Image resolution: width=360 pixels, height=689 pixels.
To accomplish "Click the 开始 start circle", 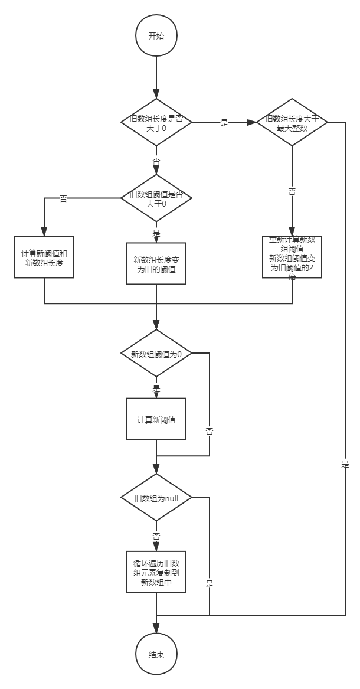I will (x=156, y=35).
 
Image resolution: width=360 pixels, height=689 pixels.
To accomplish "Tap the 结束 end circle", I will (x=156, y=655).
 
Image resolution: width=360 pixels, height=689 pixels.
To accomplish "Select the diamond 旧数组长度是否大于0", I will (x=156, y=122).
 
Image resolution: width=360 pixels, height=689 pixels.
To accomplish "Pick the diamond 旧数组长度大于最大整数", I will (x=292, y=123).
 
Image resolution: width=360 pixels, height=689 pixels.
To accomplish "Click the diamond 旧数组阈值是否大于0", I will (x=156, y=198).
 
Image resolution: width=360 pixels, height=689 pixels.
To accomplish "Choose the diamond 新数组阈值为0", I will (x=156, y=354).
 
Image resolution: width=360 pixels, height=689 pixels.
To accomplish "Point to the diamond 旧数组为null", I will (x=156, y=498).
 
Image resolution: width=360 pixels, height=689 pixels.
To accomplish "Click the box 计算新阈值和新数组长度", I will (x=45, y=257).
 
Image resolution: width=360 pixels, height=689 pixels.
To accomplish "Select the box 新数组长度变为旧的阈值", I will (x=156, y=263).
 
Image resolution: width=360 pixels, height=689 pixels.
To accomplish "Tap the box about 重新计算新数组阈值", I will (x=292, y=257).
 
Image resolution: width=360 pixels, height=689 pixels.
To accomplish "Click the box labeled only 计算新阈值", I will (x=156, y=419).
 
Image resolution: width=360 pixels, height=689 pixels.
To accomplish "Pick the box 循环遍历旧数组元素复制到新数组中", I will (x=156, y=572).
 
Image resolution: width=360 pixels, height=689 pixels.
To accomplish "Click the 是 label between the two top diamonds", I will (x=224, y=123).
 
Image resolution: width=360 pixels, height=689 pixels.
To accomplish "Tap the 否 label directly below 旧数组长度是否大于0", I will (x=156, y=160).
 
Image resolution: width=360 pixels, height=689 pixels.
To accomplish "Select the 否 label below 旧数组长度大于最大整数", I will (x=292, y=191).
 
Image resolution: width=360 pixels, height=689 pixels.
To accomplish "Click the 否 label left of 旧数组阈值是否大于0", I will (x=63, y=198).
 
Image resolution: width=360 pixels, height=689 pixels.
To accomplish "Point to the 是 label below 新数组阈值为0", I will (x=156, y=388).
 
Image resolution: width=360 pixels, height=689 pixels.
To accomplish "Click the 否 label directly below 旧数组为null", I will (x=156, y=537).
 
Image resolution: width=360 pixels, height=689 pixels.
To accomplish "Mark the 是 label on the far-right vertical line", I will (x=345, y=463).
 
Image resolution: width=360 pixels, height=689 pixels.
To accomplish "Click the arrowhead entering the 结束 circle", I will (x=156, y=630).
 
